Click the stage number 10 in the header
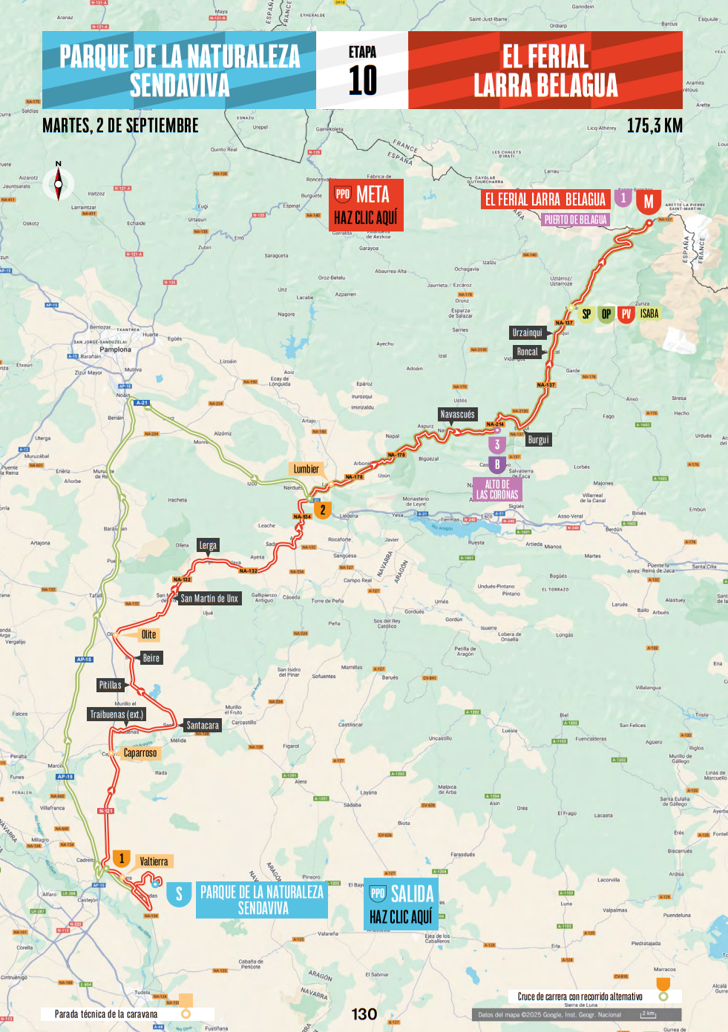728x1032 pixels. click(362, 80)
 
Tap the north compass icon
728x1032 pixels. click(58, 183)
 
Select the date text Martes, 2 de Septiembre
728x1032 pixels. click(120, 125)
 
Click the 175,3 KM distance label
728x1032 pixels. click(654, 125)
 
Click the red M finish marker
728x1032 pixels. click(649, 201)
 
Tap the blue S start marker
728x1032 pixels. click(179, 894)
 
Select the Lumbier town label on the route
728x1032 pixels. click(306, 469)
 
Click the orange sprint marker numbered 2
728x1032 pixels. click(323, 510)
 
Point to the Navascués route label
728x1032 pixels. click(457, 415)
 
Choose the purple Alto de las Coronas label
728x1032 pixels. click(497, 490)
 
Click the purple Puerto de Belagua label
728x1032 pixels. click(575, 220)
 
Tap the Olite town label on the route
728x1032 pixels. click(149, 634)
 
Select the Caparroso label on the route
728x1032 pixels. click(140, 753)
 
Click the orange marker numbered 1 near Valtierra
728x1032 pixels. click(122, 859)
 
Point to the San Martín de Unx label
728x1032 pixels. click(209, 598)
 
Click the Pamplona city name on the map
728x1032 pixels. click(115, 349)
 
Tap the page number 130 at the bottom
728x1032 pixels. click(364, 1014)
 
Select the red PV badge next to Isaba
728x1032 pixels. click(626, 314)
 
